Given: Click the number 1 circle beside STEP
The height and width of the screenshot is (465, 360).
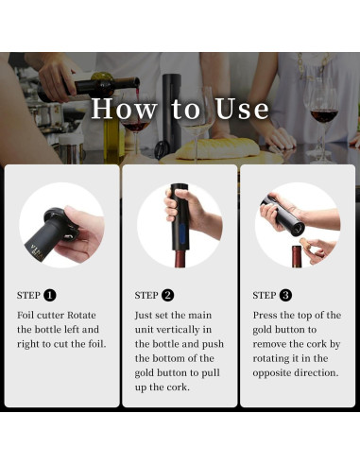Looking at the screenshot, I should (x=50, y=295).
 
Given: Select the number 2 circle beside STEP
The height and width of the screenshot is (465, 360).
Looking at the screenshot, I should (x=168, y=295).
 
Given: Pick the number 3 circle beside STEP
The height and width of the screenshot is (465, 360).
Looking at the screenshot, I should (x=285, y=295).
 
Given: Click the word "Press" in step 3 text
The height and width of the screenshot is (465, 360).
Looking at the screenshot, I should (x=267, y=314).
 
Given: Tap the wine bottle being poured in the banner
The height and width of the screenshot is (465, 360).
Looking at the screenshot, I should (x=94, y=85).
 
